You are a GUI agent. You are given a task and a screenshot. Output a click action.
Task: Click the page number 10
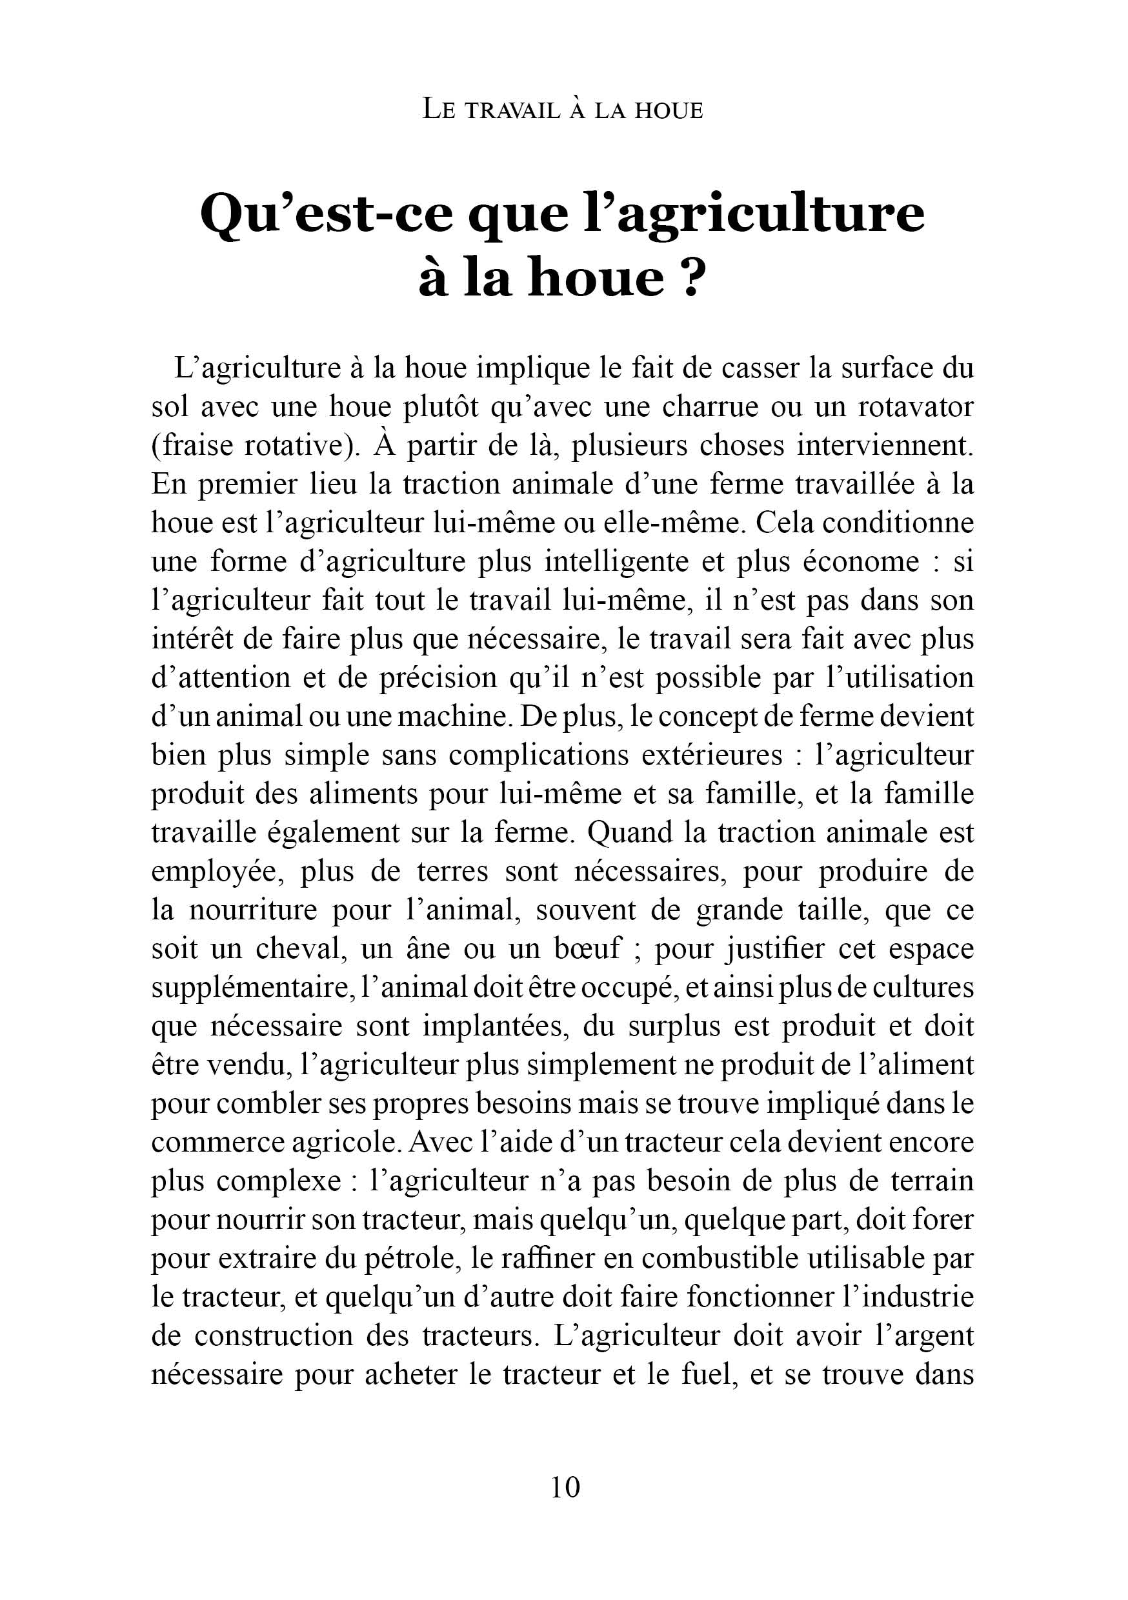tap(565, 1487)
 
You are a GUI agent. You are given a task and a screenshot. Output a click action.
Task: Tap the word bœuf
tap(587, 949)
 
